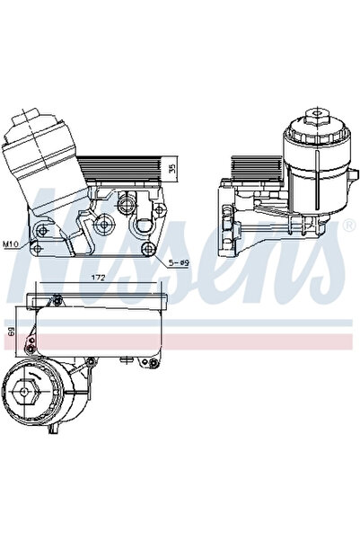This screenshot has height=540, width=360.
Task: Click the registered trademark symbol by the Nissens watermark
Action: (x=347, y=226)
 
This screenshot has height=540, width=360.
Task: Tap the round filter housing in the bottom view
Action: (x=40, y=395)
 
